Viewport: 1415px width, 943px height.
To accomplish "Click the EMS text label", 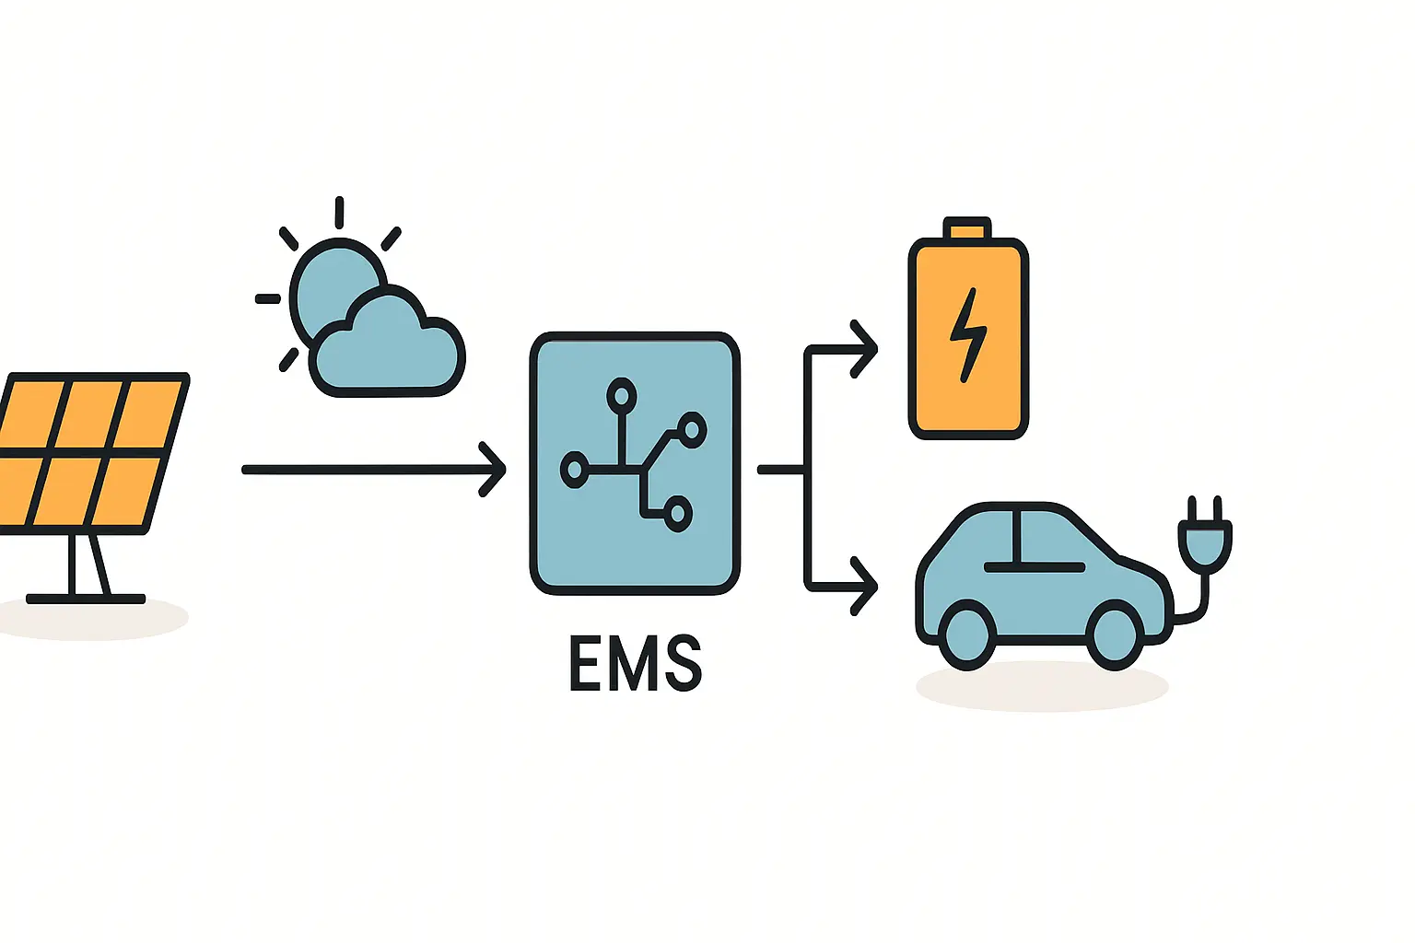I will (636, 662).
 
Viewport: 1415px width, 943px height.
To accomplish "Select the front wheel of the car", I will (1116, 634).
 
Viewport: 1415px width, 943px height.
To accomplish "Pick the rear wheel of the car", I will (967, 634).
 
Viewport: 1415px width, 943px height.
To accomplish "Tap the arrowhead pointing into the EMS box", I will (495, 470).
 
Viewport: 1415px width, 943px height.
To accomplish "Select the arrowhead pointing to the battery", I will (866, 349).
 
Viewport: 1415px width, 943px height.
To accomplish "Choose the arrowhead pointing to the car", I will (866, 586).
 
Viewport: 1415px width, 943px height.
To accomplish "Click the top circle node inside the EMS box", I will (622, 396).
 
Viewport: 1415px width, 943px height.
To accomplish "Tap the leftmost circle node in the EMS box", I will (575, 470).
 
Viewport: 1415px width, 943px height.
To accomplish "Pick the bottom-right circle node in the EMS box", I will (678, 513).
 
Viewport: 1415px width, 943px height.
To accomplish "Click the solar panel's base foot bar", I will (86, 599).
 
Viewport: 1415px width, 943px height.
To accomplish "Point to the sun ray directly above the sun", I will (339, 212).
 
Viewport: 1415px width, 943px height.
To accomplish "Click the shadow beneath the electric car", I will (1041, 687).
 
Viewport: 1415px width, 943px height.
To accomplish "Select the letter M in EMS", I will (636, 662).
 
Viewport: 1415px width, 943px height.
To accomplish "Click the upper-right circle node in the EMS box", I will (692, 428).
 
